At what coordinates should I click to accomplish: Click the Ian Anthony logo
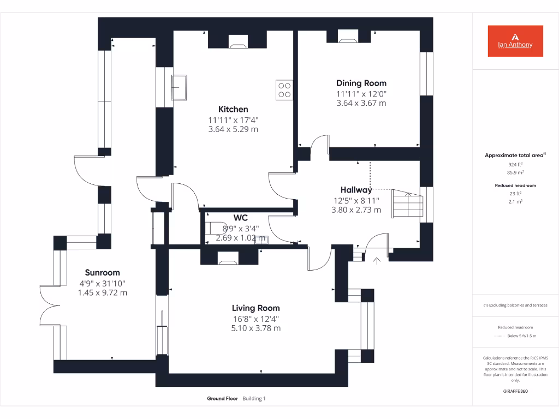515,41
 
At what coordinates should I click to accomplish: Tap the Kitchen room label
233,109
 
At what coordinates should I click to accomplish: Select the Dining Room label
361,83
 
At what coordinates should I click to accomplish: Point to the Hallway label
356,190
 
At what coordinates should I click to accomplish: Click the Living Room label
255,308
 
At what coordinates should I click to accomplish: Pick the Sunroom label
102,273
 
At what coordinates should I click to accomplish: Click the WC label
241,218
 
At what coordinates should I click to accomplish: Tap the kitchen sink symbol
179,88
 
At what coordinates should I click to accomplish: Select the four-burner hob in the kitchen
284,89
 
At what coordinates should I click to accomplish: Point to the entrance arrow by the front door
376,261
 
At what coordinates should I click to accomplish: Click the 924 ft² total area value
515,164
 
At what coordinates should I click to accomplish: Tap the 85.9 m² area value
515,172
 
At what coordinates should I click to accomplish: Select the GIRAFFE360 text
515,391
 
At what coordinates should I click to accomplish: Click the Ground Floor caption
222,399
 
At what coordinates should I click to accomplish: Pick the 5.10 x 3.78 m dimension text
255,328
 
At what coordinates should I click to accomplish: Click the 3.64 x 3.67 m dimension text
361,103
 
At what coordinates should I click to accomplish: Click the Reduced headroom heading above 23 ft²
515,185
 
